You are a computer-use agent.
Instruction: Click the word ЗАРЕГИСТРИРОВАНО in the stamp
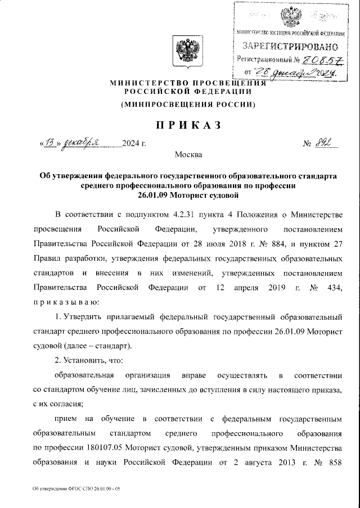290,46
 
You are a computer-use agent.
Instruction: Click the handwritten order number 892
323,143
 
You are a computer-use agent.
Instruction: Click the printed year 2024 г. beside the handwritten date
133,144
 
